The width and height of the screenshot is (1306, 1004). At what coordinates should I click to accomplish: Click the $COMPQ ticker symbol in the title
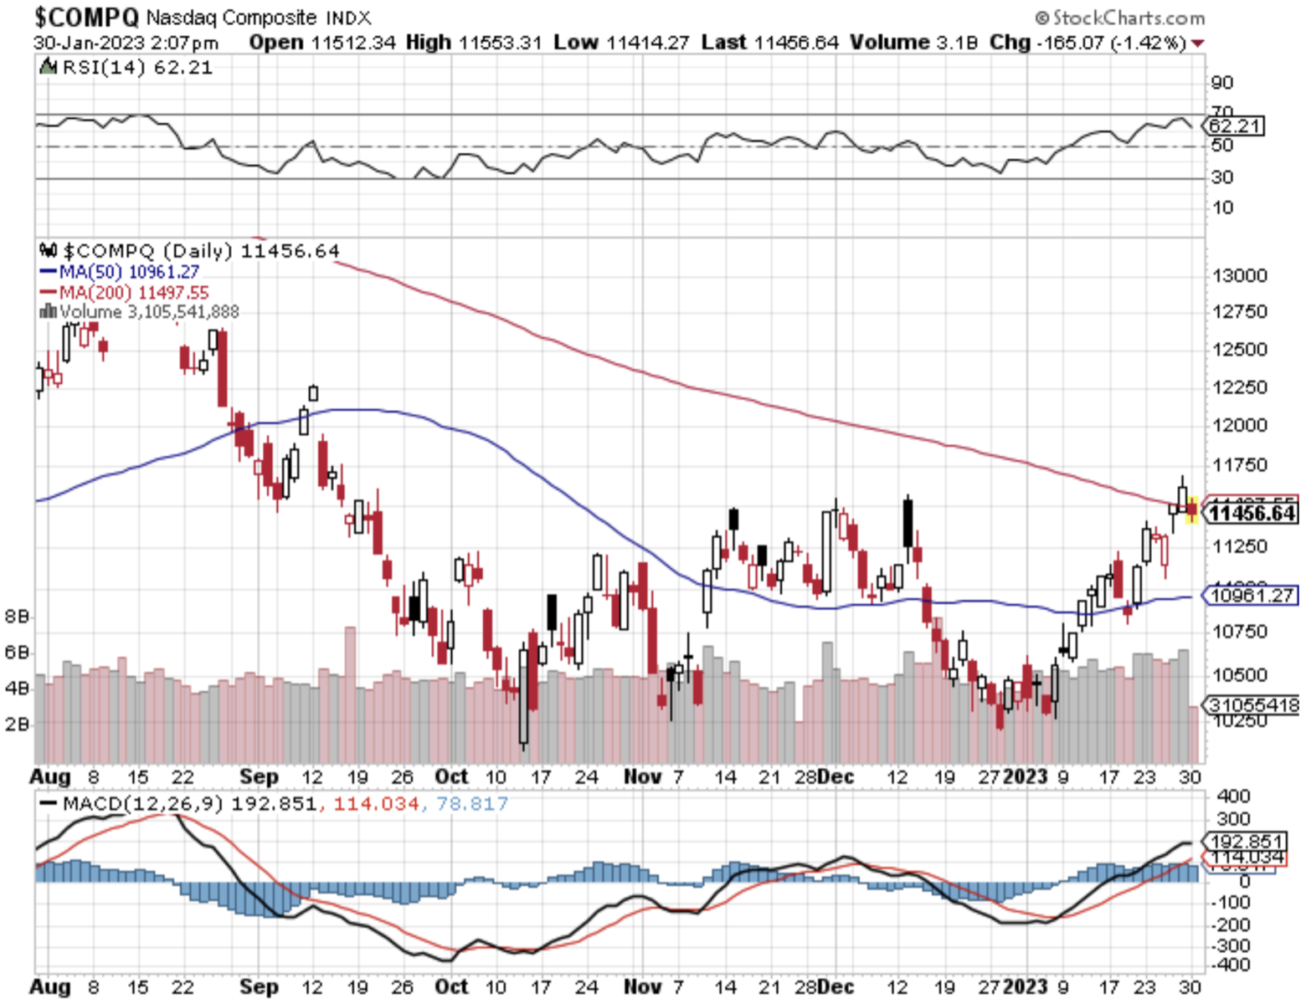click(x=86, y=17)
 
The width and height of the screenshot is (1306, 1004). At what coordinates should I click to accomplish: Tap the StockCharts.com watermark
click(x=1121, y=18)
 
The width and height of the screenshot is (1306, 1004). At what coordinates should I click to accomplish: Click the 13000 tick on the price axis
click(x=1240, y=276)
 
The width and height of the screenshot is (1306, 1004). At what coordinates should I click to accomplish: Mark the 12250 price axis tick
click(x=1240, y=387)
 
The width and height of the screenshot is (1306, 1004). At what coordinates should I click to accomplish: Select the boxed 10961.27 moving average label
click(x=1252, y=596)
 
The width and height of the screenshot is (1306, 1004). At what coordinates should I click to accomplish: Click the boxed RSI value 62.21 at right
click(x=1235, y=126)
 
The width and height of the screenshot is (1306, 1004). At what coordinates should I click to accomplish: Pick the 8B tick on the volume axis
click(x=17, y=617)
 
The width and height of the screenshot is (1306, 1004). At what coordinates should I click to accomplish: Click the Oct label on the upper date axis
click(x=451, y=777)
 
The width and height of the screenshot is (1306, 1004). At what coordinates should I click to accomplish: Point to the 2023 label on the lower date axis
click(x=1025, y=986)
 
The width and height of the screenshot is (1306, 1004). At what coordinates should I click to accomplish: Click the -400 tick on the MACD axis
click(x=1233, y=965)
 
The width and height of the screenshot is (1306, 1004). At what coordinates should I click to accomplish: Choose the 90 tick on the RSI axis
click(x=1222, y=83)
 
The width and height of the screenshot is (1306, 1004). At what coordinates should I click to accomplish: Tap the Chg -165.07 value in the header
click(x=1087, y=43)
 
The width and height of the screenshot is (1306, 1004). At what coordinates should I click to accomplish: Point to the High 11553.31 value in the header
click(x=474, y=43)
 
